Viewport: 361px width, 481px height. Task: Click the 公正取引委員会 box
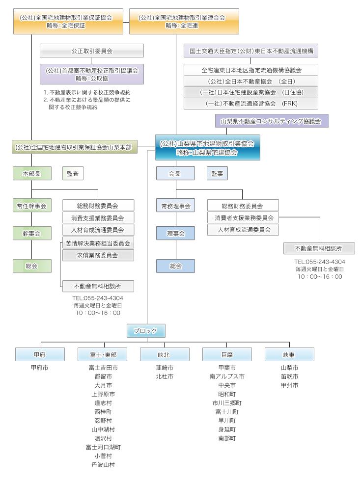coord(92,51)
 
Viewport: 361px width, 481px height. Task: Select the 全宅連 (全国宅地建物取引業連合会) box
coord(184,21)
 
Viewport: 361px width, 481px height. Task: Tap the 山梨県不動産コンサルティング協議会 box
coord(272,120)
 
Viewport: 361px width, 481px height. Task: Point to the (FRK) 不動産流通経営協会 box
coord(251,104)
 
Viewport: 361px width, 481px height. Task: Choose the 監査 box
coord(73,173)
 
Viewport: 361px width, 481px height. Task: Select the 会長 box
coord(175,173)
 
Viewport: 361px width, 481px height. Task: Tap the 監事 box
coord(217,173)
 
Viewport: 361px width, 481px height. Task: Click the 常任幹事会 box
coord(32,206)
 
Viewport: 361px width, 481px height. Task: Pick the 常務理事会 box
coord(175,206)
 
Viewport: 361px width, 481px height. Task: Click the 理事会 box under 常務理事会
coord(175,234)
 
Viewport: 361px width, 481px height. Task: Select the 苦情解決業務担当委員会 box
coord(98,242)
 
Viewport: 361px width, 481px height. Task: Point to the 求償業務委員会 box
coord(98,255)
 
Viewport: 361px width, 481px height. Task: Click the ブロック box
coord(146,331)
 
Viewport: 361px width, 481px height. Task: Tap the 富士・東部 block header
coord(102,354)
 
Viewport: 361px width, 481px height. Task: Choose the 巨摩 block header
coord(227,354)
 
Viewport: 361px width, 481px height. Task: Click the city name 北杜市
coord(165,376)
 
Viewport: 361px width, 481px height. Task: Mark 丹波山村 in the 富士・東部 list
coord(103,465)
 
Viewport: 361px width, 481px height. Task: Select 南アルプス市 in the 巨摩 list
coord(227,376)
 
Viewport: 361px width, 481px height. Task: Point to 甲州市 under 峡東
coord(289,385)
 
